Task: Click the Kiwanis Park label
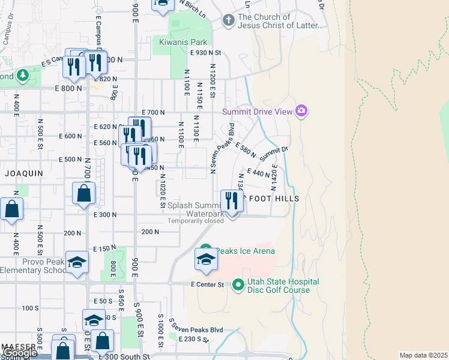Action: tap(183, 42)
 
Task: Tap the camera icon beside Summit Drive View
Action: tap(301, 111)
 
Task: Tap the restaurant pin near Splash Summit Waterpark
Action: tap(231, 201)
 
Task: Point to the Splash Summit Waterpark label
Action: tap(196, 209)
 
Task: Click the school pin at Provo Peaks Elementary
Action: tap(77, 262)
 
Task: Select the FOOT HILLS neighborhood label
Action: tap(274, 198)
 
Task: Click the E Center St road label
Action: tap(207, 284)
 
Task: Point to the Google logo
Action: tap(20, 353)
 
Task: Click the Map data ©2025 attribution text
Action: tap(423, 355)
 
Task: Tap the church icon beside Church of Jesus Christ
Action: tap(228, 21)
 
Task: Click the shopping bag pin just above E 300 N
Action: tap(83, 193)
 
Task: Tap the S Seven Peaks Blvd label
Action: tap(196, 329)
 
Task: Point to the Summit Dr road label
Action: tap(274, 151)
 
